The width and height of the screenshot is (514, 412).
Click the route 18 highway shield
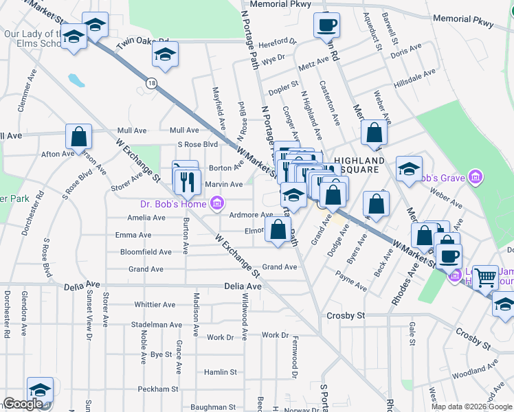150,82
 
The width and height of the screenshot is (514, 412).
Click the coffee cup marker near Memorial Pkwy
326,25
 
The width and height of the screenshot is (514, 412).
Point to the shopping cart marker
486,277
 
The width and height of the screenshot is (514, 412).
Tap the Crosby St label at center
345,315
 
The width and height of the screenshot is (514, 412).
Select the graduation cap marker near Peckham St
41,389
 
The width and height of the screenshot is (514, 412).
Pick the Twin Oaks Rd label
142,43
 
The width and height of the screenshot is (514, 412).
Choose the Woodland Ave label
475,371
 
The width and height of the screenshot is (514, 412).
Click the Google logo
23,404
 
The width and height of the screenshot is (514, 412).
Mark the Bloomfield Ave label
146,252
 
